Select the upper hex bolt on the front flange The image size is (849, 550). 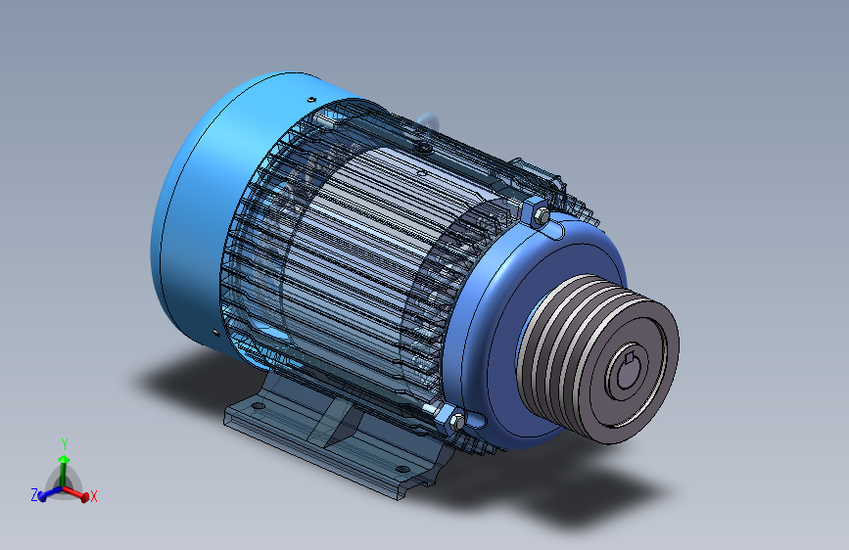(x=539, y=212)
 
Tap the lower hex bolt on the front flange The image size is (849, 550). (x=454, y=421)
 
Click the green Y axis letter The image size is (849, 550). (x=64, y=443)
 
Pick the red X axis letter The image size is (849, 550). (x=94, y=498)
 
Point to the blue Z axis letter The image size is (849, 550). (x=33, y=496)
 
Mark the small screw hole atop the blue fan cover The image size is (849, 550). (x=309, y=99)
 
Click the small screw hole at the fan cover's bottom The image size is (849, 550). (x=213, y=334)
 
